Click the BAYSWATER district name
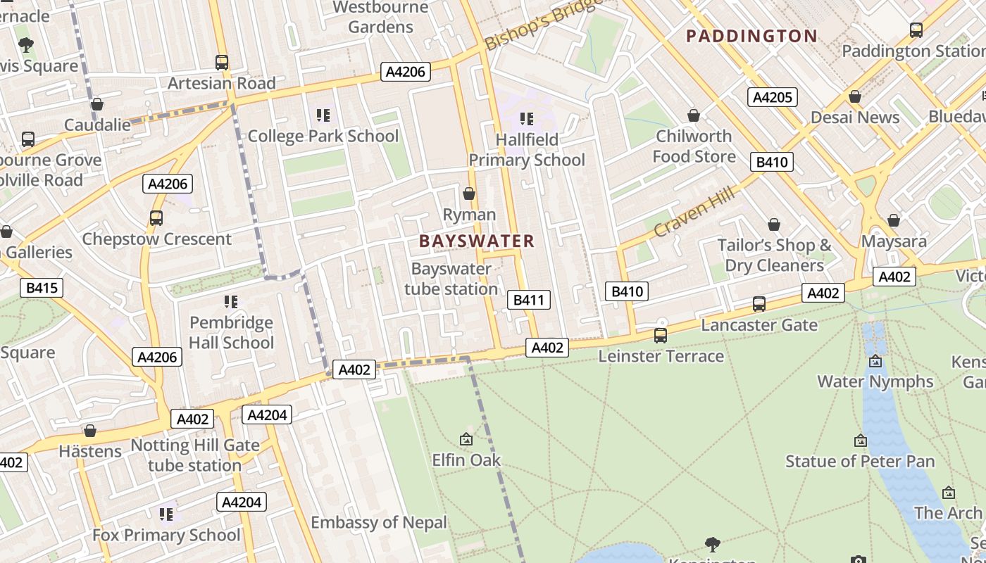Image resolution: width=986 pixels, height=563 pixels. (477, 241)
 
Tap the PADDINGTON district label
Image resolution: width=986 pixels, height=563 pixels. (751, 36)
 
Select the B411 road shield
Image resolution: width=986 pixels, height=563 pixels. (528, 301)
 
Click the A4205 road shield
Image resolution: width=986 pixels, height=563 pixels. (772, 97)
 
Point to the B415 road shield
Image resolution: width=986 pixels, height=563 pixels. (42, 287)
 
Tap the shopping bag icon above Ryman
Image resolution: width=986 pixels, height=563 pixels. (469, 194)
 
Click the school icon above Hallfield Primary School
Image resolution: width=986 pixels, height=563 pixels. (527, 119)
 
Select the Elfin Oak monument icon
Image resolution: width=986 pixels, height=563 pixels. (466, 440)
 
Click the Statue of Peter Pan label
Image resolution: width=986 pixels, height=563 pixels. (860, 462)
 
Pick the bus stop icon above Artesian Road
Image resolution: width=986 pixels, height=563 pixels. (222, 63)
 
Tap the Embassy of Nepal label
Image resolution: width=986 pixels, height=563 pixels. (379, 522)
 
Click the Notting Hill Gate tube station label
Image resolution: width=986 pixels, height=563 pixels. (195, 455)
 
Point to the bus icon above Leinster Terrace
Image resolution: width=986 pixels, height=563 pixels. (661, 336)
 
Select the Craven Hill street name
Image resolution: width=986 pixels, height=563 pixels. (694, 212)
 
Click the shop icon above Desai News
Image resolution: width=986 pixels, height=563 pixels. (855, 96)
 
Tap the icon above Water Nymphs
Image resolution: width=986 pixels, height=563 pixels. (875, 362)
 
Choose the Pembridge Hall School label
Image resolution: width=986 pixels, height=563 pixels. (231, 333)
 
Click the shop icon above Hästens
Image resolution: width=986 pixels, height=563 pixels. (90, 431)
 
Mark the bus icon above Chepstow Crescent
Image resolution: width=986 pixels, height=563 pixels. (156, 218)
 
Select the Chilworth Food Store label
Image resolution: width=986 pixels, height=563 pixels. (694, 146)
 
